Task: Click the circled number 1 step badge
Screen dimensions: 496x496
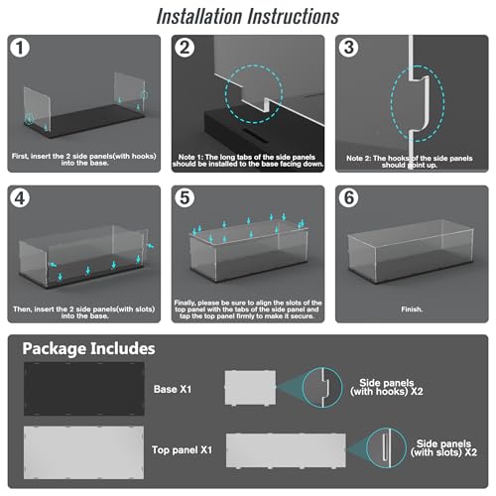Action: click(20, 48)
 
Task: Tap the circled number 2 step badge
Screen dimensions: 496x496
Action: click(185, 48)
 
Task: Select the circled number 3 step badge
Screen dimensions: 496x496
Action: click(348, 48)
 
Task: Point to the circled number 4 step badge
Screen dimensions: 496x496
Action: click(20, 198)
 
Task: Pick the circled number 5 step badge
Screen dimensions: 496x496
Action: click(185, 198)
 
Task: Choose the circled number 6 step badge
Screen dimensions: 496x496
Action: click(348, 198)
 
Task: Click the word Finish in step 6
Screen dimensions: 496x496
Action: click(412, 310)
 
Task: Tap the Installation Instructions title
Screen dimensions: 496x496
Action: click(248, 16)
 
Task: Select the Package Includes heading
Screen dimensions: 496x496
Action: click(88, 349)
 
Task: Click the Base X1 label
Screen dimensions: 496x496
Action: click(173, 389)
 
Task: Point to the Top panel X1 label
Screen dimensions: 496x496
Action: click(182, 449)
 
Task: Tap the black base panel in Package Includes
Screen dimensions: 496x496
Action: click(84, 389)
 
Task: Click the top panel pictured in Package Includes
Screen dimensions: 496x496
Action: click(83, 452)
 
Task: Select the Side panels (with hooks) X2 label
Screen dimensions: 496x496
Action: click(387, 387)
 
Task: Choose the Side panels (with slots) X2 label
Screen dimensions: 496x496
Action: click(443, 448)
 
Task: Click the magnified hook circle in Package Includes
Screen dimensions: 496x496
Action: click(322, 387)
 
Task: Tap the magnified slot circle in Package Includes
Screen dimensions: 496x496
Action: click(386, 447)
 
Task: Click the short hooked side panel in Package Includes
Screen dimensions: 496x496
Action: click(250, 388)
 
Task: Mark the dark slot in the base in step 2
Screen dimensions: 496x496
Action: click(254, 133)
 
